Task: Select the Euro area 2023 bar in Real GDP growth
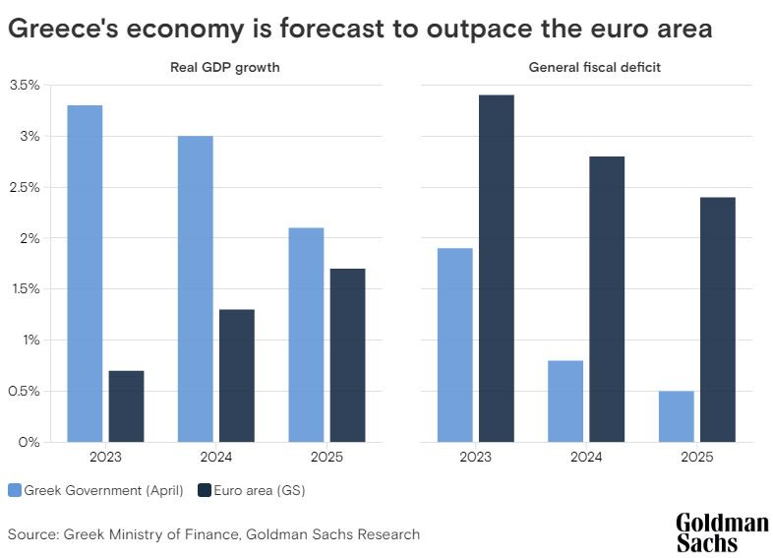coord(127,406)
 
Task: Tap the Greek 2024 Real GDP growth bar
coord(195,289)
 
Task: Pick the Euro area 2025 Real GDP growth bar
coord(348,355)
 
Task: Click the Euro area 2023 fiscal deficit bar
coord(496,269)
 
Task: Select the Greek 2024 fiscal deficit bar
coord(565,402)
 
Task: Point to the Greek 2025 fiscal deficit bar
coord(676,416)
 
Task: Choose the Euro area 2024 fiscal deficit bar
coord(607,299)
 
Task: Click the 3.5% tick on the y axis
coord(24,86)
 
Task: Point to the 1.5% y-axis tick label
coord(24,289)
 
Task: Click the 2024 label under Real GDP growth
coord(215,458)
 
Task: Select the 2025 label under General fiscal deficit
coord(696,458)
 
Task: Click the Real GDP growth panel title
coord(215,67)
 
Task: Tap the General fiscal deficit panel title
coord(586,67)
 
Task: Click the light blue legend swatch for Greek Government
coord(15,490)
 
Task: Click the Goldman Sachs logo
coord(721,532)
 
